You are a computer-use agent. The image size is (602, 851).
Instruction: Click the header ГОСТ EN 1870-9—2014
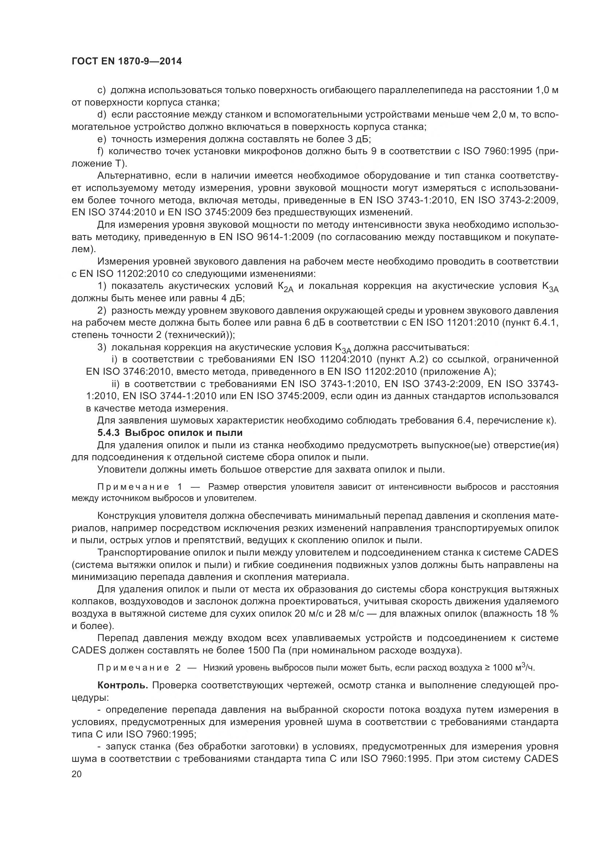[x=126, y=61]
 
